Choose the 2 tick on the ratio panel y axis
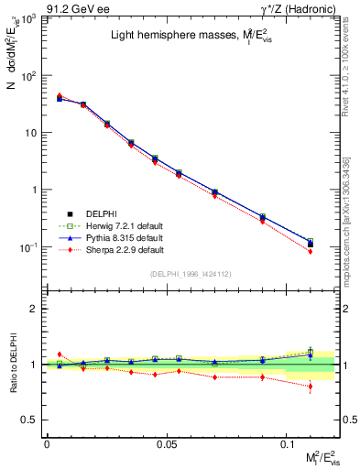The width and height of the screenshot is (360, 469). coord(32,309)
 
